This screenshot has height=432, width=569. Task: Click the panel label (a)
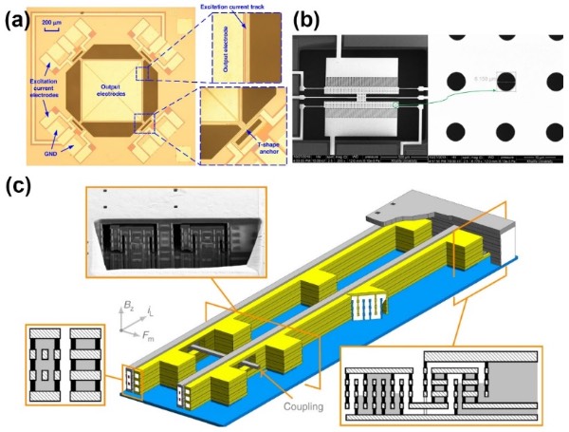point(18,18)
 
